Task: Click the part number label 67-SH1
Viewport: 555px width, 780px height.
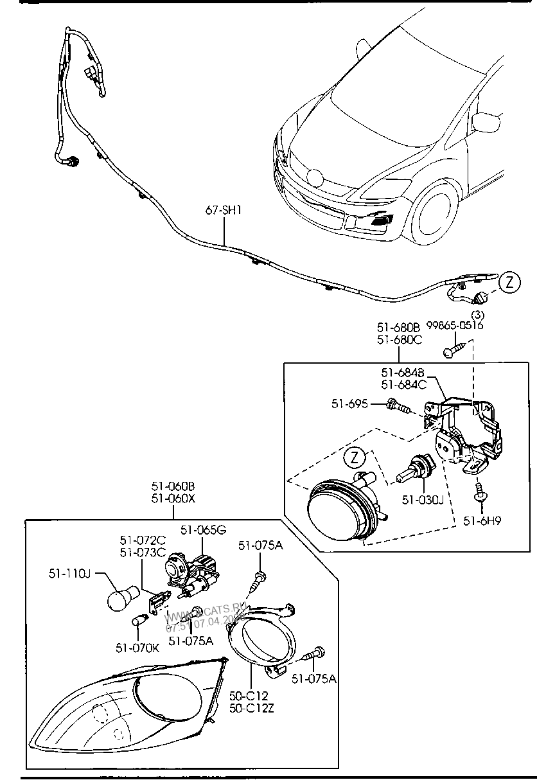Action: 223,211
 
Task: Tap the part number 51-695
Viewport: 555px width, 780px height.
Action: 349,403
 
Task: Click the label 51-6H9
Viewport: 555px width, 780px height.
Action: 482,520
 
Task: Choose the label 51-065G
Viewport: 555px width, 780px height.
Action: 203,529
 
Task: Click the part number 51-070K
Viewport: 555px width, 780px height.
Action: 137,647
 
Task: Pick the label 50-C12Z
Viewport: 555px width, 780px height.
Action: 251,708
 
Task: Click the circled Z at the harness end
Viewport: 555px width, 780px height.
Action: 508,281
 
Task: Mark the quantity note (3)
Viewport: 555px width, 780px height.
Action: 477,315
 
